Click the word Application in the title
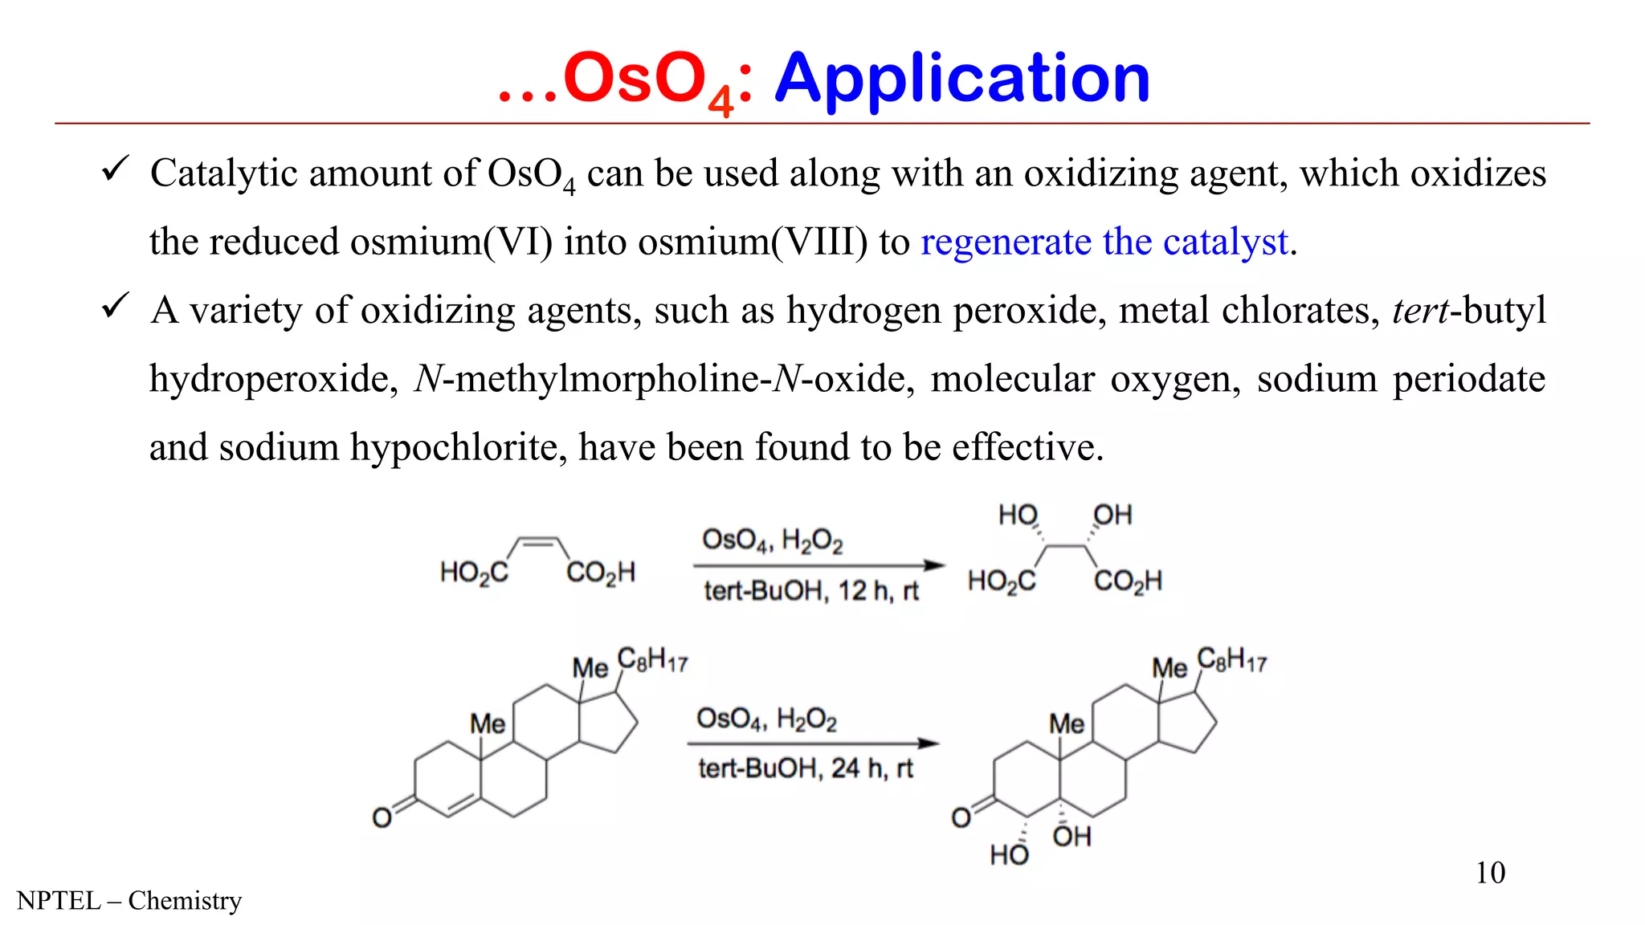[x=962, y=78]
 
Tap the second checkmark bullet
[x=116, y=306]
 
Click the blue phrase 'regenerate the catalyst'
[x=1104, y=242]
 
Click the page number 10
[x=1490, y=873]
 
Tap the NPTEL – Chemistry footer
[x=129, y=901]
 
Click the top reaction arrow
[x=818, y=566]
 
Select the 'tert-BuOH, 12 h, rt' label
[x=811, y=591]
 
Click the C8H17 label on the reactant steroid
[x=652, y=661]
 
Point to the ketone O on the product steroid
[x=961, y=817]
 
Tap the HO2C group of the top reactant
[x=474, y=573]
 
